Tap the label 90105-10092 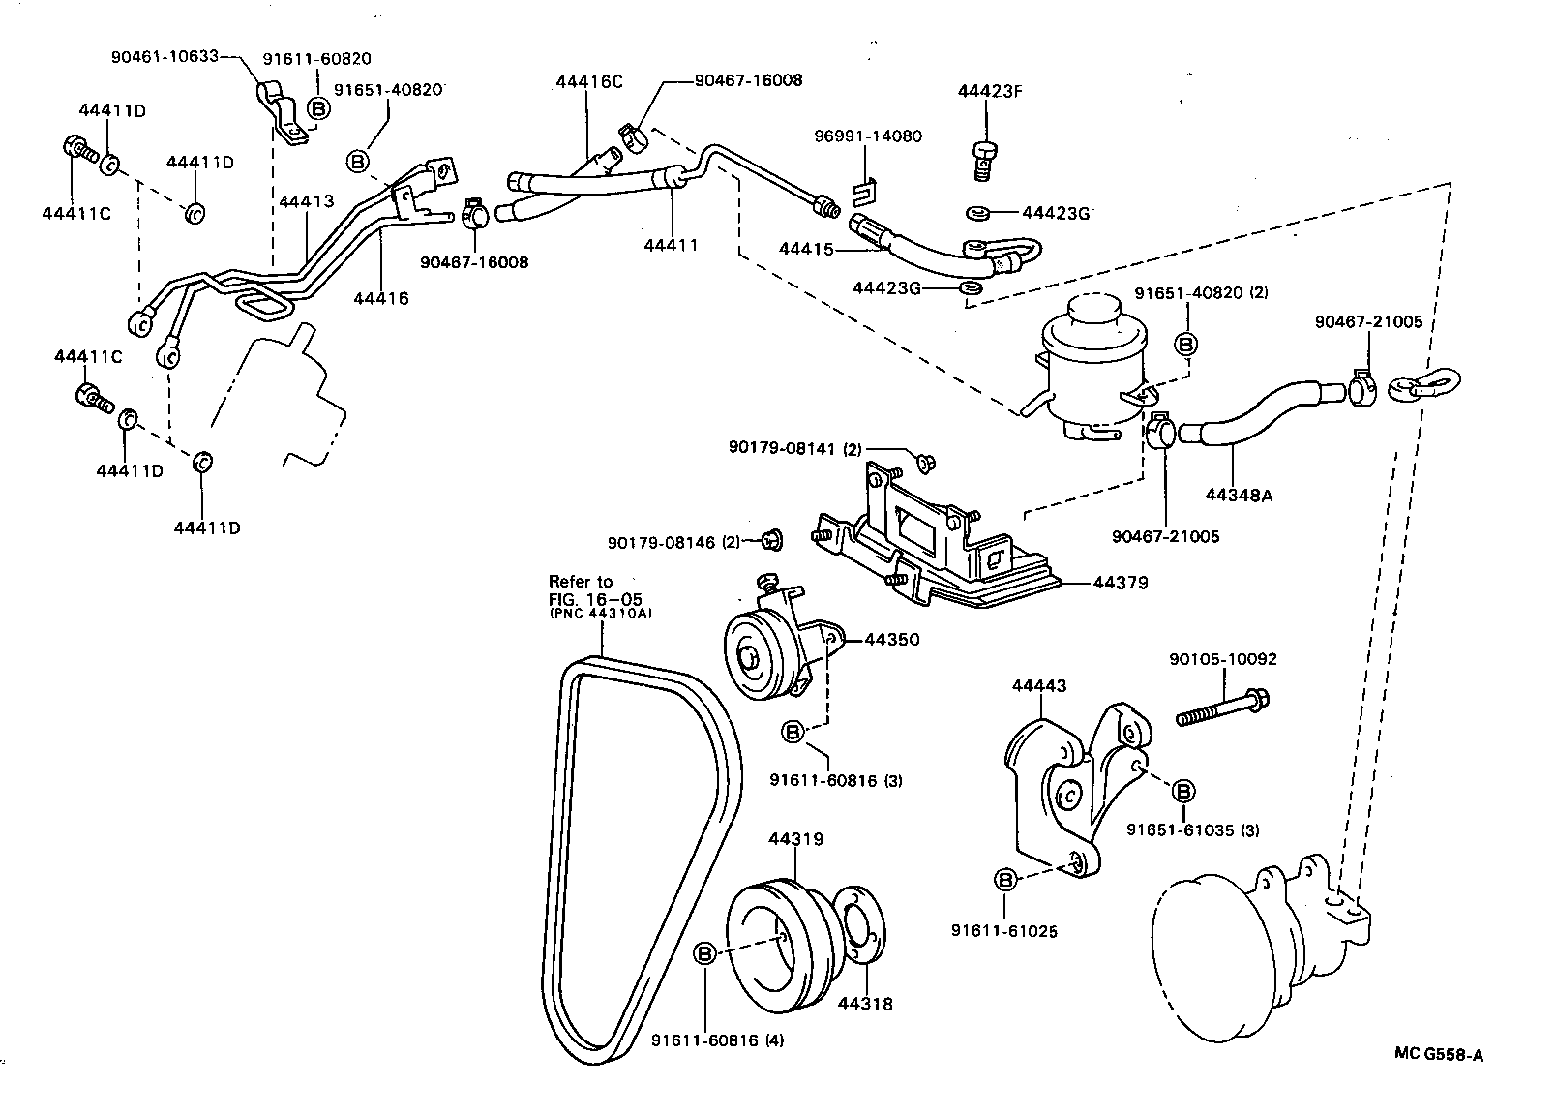[1222, 659]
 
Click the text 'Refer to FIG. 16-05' [581, 589]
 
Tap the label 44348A [1239, 495]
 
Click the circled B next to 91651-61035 [1182, 792]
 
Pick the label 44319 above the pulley [795, 839]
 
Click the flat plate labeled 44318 [857, 924]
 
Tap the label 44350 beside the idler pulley [891, 640]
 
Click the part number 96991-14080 [867, 136]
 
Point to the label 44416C [589, 81]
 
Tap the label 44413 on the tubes [306, 202]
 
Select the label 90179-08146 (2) [673, 542]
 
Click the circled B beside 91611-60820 [318, 107]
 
